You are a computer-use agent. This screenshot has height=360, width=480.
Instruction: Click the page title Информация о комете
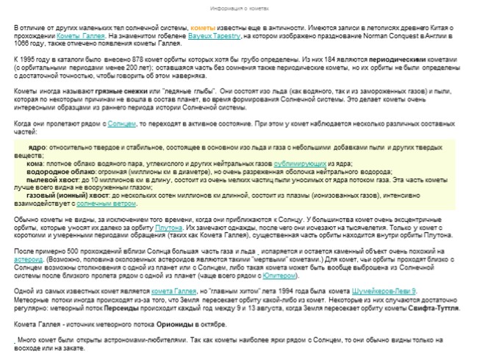[x=239, y=8]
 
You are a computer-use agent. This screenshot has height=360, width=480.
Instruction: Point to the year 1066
[x=21, y=43]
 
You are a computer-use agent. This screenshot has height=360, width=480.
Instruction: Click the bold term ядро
[x=35, y=147]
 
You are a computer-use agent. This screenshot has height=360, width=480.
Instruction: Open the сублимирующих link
[x=300, y=162]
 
